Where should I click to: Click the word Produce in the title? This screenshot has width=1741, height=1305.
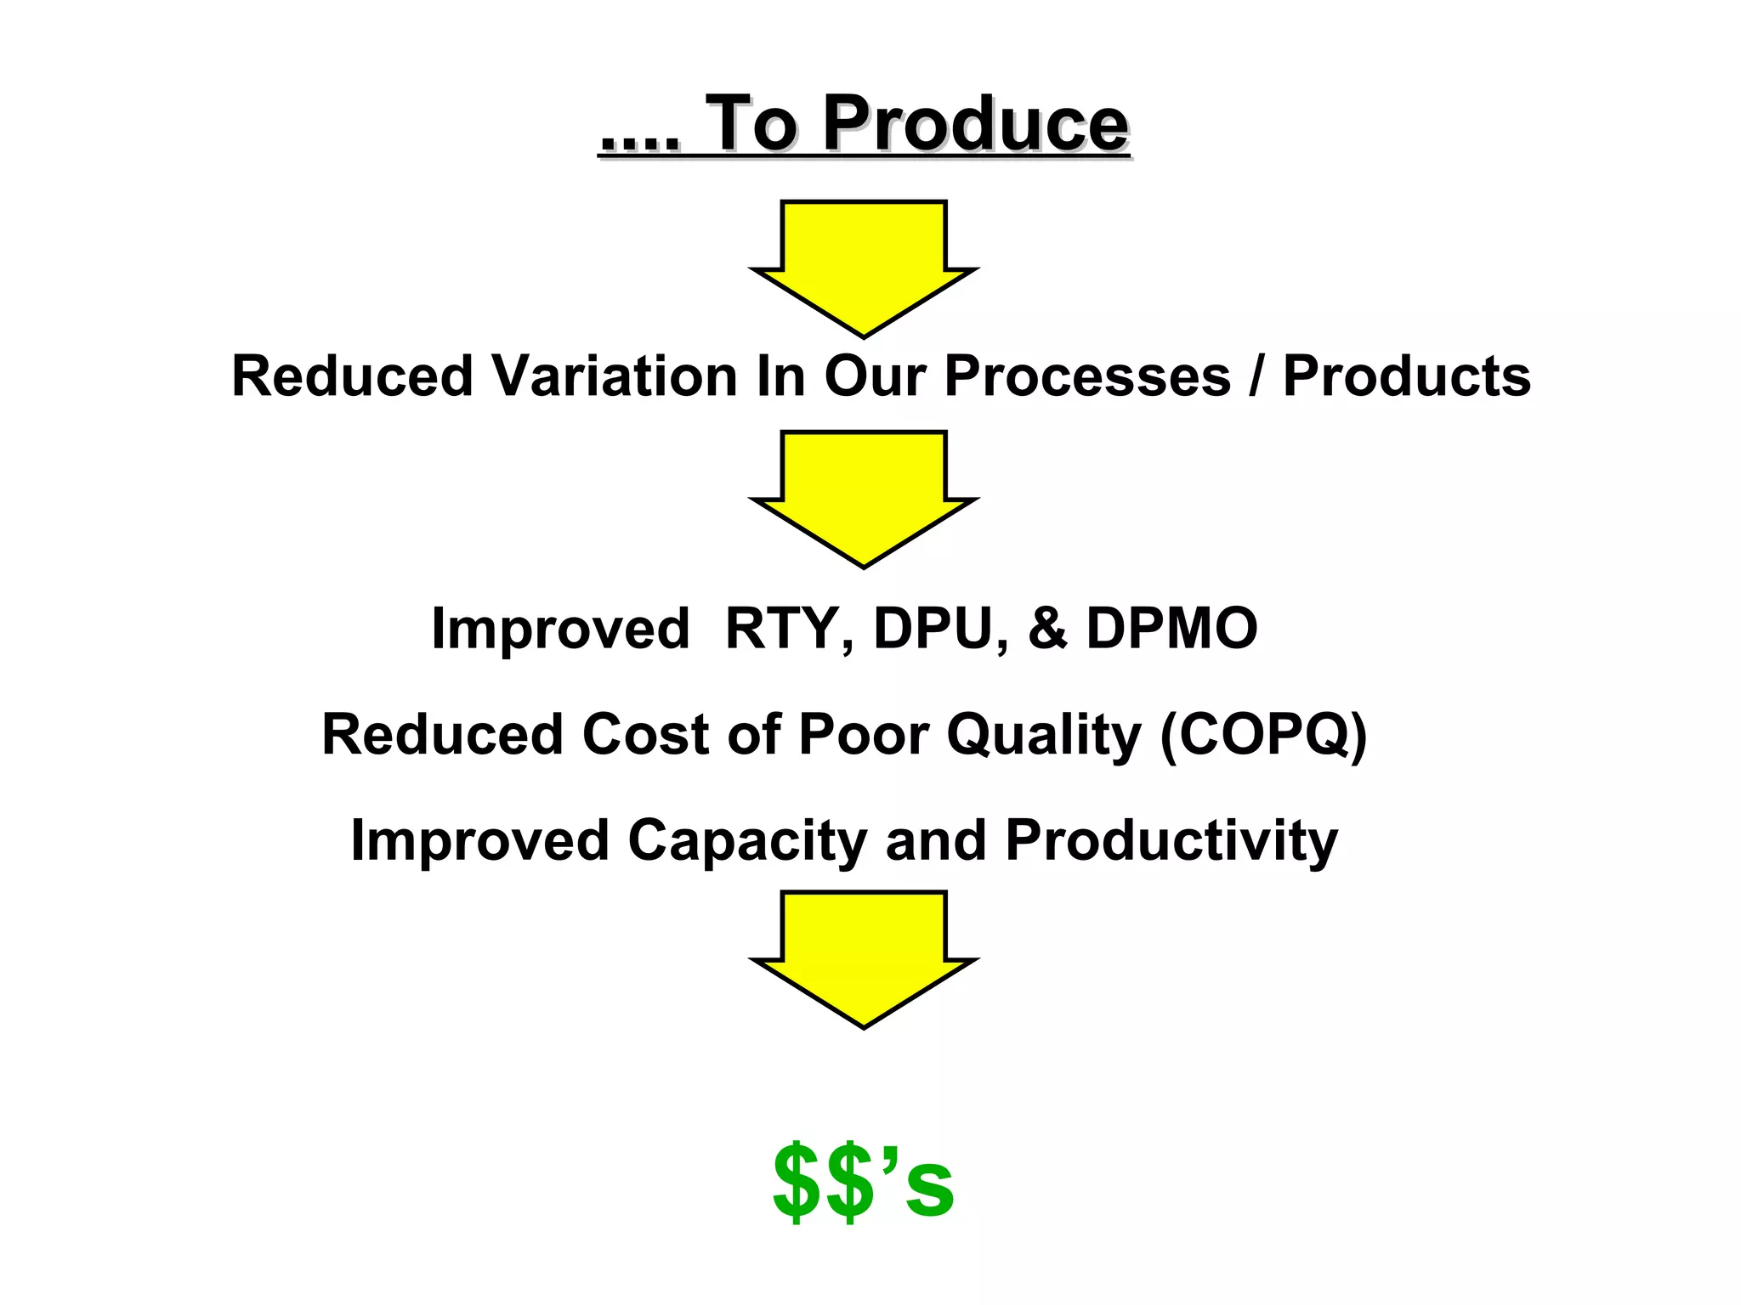point(975,126)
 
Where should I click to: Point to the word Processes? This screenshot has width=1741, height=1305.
point(1087,376)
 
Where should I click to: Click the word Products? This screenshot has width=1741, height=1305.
point(1406,376)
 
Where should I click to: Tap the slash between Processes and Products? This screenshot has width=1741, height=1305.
point(1256,376)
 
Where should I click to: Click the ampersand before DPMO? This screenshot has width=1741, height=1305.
point(1047,630)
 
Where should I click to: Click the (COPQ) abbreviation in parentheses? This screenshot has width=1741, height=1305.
point(1264,734)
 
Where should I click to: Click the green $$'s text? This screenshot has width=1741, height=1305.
point(864,1182)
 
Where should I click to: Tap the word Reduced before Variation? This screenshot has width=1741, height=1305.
point(352,376)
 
